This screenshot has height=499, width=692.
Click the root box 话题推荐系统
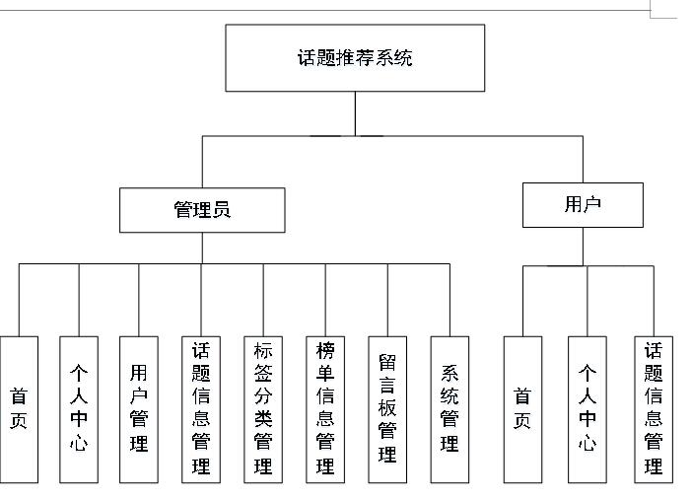tap(355, 58)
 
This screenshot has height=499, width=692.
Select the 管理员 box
tap(202, 210)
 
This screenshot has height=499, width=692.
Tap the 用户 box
tap(583, 205)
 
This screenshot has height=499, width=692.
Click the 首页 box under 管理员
tap(19, 409)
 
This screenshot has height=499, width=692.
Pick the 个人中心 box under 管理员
tap(79, 409)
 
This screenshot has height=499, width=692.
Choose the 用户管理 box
tap(139, 409)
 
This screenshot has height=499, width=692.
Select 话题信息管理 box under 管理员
tap(201, 409)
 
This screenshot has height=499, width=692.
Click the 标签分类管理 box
tap(263, 409)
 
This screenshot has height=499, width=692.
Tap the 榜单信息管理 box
tap(325, 409)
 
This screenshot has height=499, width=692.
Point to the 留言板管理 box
tap(387, 409)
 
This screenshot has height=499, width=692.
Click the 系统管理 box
tap(450, 409)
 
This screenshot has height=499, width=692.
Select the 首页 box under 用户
tap(522, 409)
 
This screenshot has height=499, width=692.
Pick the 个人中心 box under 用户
tap(588, 409)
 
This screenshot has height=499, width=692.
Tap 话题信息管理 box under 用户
tap(654, 409)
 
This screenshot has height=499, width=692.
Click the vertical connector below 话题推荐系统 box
tap(355, 113)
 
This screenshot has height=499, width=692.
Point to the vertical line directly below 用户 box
tap(583, 247)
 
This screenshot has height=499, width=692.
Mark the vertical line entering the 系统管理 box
tap(450, 300)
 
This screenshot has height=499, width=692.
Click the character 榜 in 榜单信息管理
tap(325, 351)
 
